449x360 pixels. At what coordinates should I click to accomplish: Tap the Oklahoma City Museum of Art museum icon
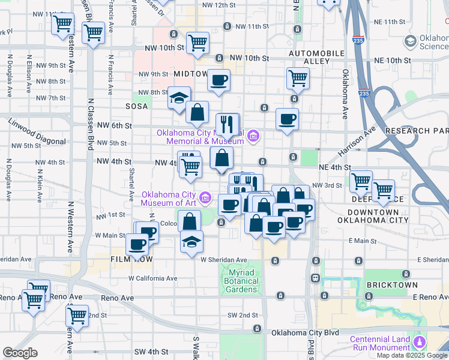coord(206,197)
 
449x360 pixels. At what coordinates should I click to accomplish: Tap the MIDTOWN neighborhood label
coord(190,73)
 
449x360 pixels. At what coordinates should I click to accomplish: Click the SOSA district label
coord(136,106)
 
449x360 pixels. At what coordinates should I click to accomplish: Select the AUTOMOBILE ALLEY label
coord(317,57)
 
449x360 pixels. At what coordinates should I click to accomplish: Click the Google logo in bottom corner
coord(20,353)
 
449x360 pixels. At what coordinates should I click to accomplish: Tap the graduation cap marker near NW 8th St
coord(178,97)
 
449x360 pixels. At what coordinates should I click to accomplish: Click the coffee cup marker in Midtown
coord(219,79)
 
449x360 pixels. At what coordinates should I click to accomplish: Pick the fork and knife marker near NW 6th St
coord(227,124)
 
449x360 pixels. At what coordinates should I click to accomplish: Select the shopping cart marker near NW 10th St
coord(197,43)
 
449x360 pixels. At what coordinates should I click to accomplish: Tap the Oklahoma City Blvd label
coord(305,332)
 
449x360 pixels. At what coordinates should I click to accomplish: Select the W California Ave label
coord(152,278)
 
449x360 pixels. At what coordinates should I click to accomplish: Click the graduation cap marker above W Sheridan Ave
coord(191,242)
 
